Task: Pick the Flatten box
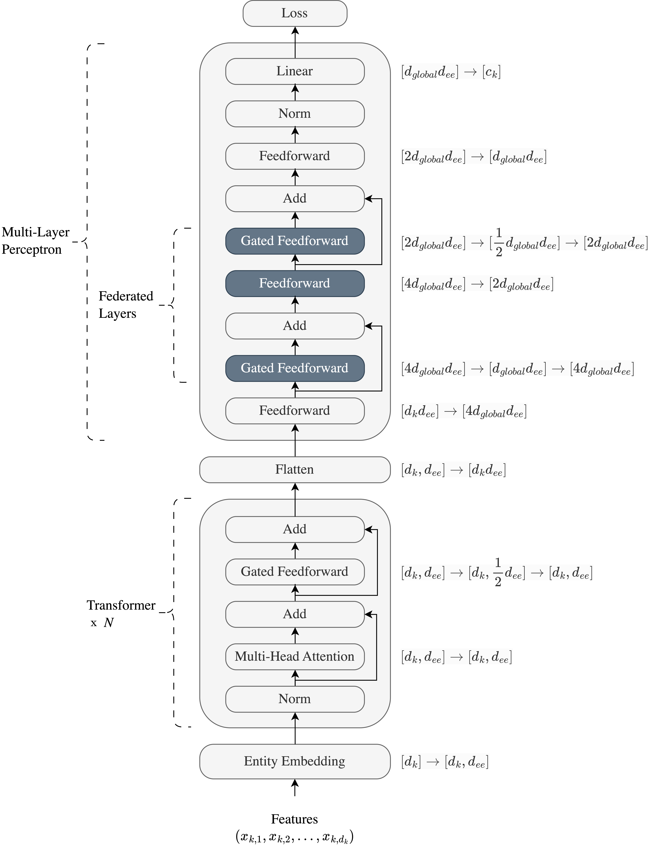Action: coord(295,470)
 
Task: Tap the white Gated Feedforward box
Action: coord(295,572)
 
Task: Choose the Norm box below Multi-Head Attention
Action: coord(295,699)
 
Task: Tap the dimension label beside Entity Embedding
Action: coord(445,761)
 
